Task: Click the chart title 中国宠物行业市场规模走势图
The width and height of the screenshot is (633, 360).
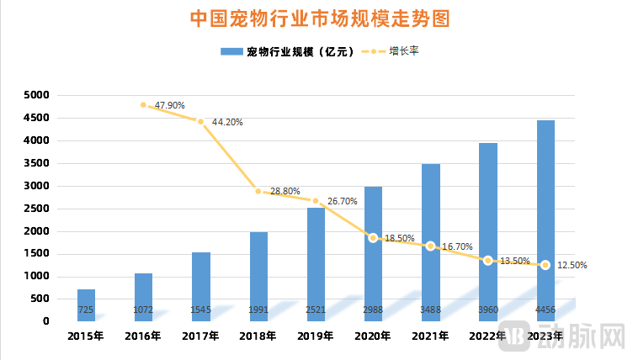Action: coord(317,18)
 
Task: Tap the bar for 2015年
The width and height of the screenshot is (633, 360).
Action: coord(86,304)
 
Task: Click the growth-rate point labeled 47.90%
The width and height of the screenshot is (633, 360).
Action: coord(143,105)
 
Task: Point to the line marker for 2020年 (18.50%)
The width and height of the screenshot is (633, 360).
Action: coord(373,238)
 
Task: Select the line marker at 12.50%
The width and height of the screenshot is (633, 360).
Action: coord(545,265)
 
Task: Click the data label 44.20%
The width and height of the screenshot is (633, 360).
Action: coord(227,122)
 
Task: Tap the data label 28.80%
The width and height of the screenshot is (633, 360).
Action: coord(285,192)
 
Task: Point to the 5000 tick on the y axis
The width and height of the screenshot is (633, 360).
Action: coord(38,96)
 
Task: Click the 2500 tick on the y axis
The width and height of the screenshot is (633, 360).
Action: coord(38,209)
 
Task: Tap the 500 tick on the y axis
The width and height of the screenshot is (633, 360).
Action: coord(41,299)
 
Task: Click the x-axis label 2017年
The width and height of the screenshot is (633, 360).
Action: coord(200,336)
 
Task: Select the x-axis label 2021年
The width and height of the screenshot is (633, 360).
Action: coord(430,336)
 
